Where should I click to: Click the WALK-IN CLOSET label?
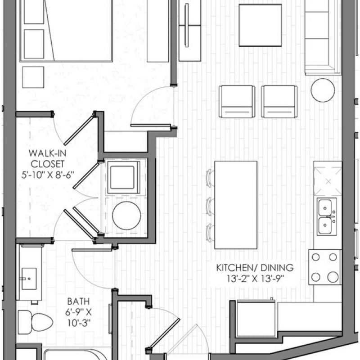[x=48, y=159]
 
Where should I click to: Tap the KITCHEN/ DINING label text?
[x=255, y=268]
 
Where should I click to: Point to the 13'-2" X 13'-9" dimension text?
[x=255, y=279]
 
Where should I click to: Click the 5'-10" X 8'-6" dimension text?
[x=48, y=175]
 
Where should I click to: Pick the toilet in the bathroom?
[x=36, y=322]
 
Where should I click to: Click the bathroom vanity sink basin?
[x=29, y=279]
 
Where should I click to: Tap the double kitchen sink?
[x=327, y=217]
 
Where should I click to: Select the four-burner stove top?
[x=324, y=267]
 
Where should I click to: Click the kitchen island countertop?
[x=235, y=205]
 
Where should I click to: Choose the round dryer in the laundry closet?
[x=126, y=216]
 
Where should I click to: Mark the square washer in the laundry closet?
[x=123, y=177]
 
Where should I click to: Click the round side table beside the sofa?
[x=323, y=90]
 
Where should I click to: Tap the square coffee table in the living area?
[x=260, y=25]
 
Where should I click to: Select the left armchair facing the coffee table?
[x=237, y=102]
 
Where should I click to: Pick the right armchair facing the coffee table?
[x=279, y=102]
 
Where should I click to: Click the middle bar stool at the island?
[x=210, y=207]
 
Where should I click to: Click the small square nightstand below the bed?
[x=33, y=77]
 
